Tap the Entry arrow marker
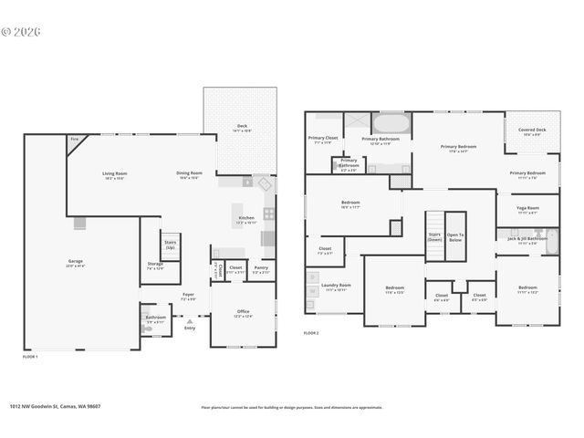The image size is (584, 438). (190, 321)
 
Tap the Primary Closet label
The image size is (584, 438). (323, 139)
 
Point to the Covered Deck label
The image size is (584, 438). (532, 130)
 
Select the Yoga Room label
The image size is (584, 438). (528, 209)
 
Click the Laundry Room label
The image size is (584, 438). (335, 287)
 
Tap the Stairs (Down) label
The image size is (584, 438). (434, 236)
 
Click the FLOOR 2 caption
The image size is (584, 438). (312, 334)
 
